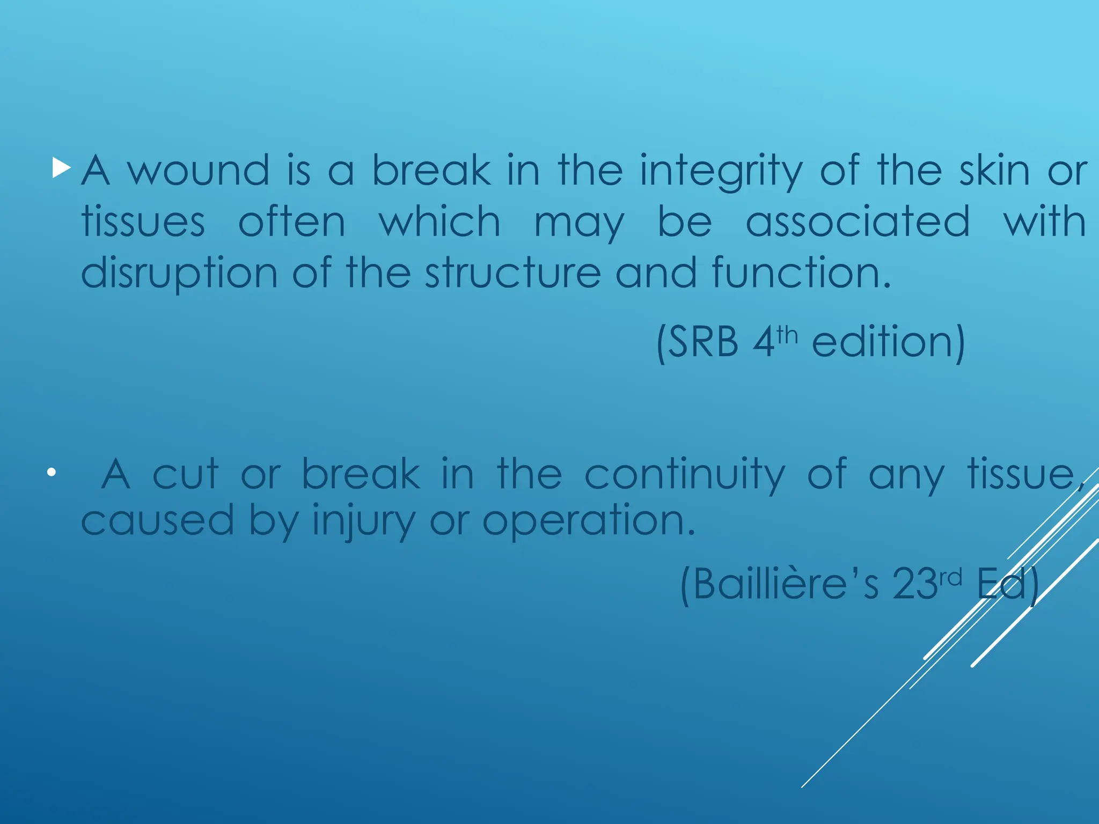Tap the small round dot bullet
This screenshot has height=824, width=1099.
tap(51, 473)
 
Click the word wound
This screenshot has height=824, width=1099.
tap(199, 171)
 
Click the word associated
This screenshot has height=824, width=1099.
tap(858, 222)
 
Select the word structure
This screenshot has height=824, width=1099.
tap(512, 273)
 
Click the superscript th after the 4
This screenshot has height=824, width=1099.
tap(787, 336)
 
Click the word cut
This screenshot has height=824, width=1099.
tap(185, 474)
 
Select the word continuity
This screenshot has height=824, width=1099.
tap(684, 475)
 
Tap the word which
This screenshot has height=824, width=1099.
tap(439, 222)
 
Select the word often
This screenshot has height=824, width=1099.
tap(292, 222)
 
